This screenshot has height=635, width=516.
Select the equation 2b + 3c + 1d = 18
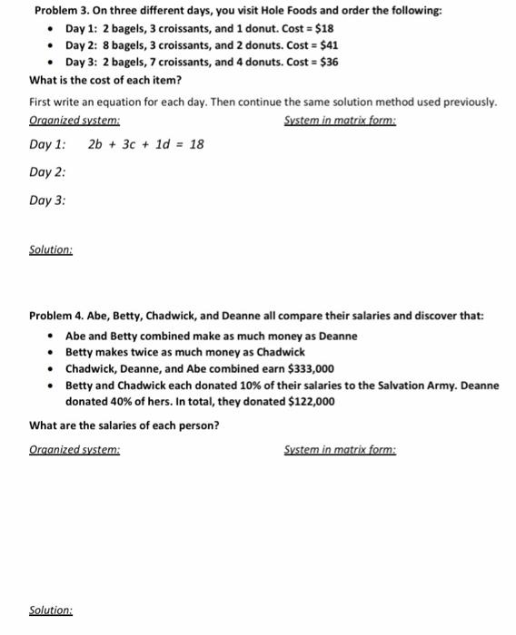[146, 143]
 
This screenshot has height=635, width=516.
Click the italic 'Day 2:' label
[47, 172]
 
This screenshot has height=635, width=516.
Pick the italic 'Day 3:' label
[47, 200]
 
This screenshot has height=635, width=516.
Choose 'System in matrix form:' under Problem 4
[340, 449]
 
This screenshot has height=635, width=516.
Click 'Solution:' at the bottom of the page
[51, 611]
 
